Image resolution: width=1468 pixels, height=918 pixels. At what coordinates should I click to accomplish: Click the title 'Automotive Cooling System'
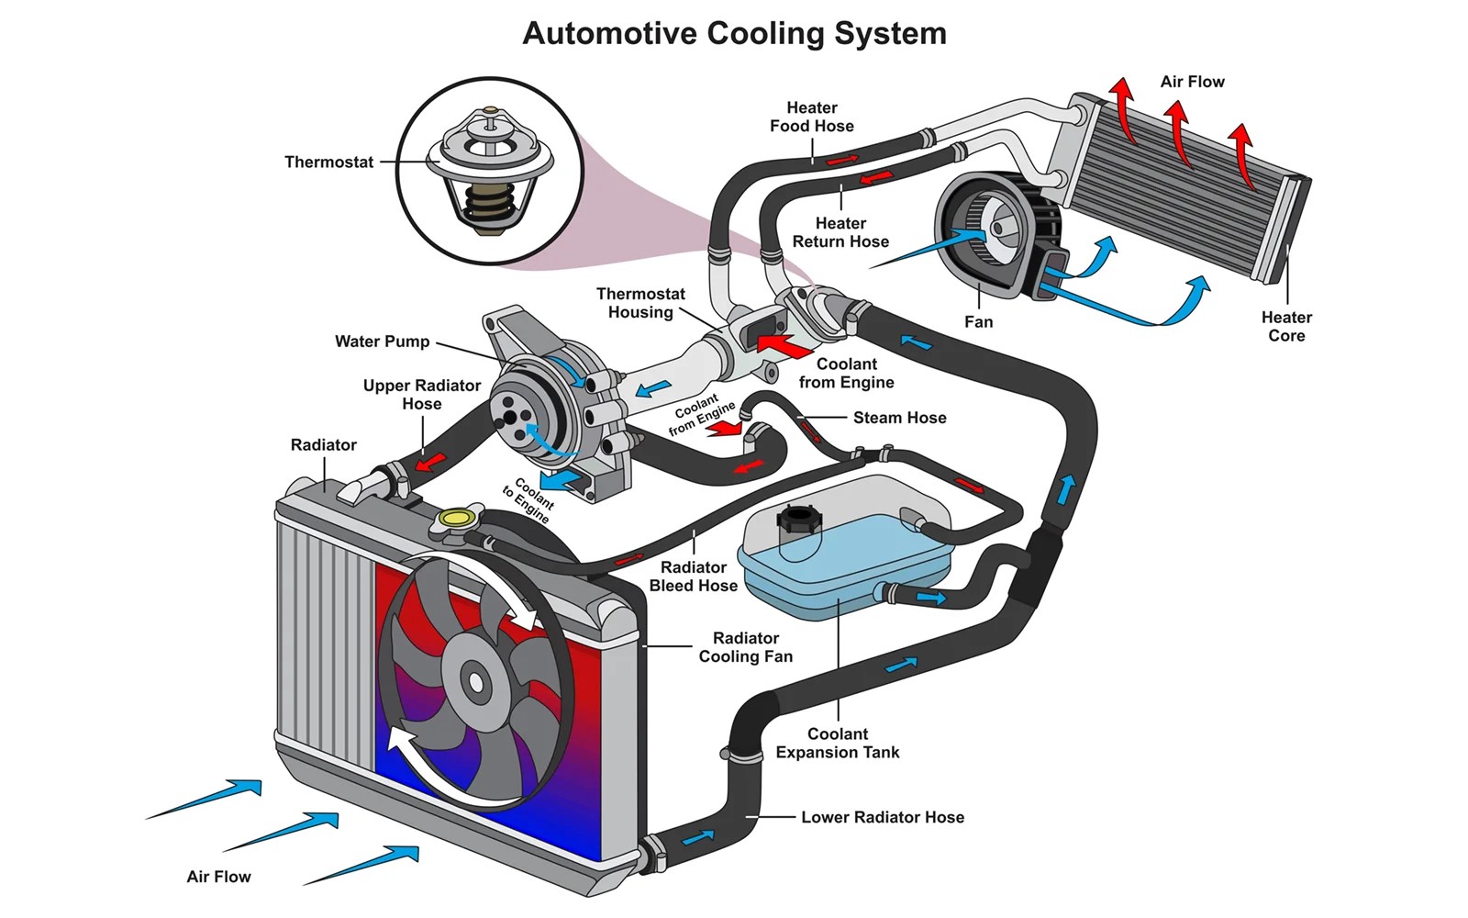pyautogui.click(x=734, y=34)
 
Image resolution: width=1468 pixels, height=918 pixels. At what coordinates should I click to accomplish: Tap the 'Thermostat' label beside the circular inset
pyautogui.click(x=328, y=162)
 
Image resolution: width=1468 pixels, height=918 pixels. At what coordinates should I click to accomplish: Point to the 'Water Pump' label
pyautogui.click(x=382, y=341)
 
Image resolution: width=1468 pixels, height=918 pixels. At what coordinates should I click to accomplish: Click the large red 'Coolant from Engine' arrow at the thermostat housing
pyautogui.click(x=784, y=346)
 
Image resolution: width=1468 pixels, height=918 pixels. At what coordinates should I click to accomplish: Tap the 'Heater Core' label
pyautogui.click(x=1286, y=327)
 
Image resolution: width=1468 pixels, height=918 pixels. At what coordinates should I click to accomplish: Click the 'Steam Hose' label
pyautogui.click(x=899, y=418)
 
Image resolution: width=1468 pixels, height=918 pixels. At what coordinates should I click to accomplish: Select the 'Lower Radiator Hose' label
pyautogui.click(x=883, y=817)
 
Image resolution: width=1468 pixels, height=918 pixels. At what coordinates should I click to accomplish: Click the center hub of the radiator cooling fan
pyautogui.click(x=475, y=682)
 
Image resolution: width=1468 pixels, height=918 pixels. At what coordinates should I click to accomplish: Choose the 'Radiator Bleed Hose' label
pyautogui.click(x=693, y=577)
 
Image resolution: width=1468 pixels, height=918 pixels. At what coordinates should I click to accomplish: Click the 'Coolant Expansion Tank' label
pyautogui.click(x=837, y=743)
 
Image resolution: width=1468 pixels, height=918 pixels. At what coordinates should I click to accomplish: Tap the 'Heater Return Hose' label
pyautogui.click(x=840, y=232)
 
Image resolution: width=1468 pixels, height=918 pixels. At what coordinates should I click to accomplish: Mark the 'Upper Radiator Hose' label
pyautogui.click(x=421, y=395)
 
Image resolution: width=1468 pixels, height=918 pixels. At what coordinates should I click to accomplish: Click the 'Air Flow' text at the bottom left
pyautogui.click(x=218, y=877)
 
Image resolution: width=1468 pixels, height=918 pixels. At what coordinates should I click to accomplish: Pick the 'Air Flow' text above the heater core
pyautogui.click(x=1192, y=82)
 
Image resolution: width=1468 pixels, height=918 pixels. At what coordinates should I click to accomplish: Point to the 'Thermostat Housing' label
pyautogui.click(x=640, y=303)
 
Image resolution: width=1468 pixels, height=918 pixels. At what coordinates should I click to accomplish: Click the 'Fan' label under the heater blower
pyautogui.click(x=978, y=322)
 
